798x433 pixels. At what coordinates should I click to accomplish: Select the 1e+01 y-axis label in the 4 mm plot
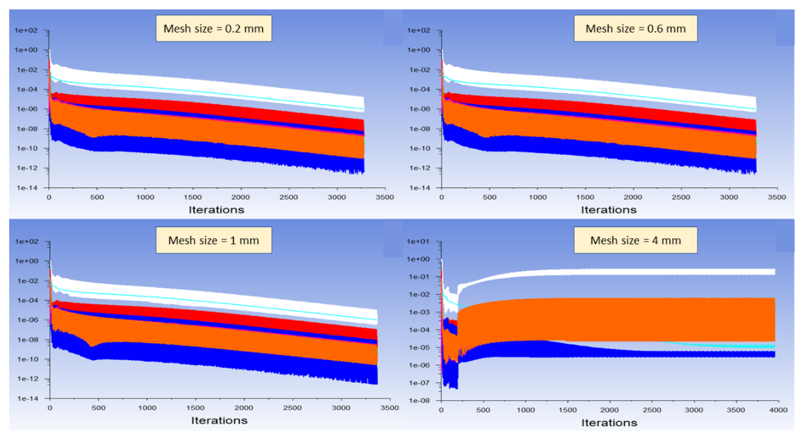click(x=418, y=241)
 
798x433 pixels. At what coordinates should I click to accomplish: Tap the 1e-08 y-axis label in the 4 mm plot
click(x=418, y=400)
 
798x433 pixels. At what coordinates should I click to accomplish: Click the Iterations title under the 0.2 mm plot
click(x=217, y=210)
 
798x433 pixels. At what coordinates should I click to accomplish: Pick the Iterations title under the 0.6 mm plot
click(x=609, y=210)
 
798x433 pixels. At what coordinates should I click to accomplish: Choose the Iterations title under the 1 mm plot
click(x=219, y=421)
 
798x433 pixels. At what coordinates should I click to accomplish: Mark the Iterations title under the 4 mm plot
click(x=609, y=423)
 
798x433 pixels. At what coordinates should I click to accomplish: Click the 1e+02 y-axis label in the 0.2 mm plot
click(x=26, y=30)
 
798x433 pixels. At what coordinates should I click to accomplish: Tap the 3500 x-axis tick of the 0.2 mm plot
click(x=385, y=197)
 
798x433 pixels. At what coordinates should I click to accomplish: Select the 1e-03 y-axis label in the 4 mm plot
click(x=418, y=312)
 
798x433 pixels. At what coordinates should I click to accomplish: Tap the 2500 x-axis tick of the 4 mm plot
click(x=652, y=410)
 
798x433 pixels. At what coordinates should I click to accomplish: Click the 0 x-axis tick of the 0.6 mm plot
click(x=441, y=197)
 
